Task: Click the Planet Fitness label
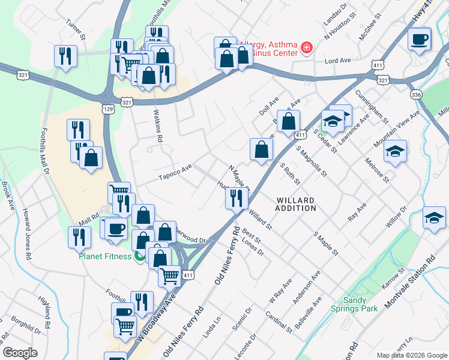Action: pos(105,256)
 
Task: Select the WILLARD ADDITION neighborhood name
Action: pos(297,204)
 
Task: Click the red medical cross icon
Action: pos(307,47)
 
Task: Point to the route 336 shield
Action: pos(416,95)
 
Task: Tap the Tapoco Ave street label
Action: pos(175,173)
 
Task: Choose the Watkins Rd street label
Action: pos(160,129)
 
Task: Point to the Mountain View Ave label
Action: pos(397,129)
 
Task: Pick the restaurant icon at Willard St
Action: pos(237,197)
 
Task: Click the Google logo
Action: pos(20,352)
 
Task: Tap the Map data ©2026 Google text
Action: pos(411,355)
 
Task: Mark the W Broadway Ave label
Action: pos(157,318)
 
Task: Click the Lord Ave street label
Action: pos(337,61)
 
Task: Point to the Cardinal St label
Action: pos(280,322)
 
